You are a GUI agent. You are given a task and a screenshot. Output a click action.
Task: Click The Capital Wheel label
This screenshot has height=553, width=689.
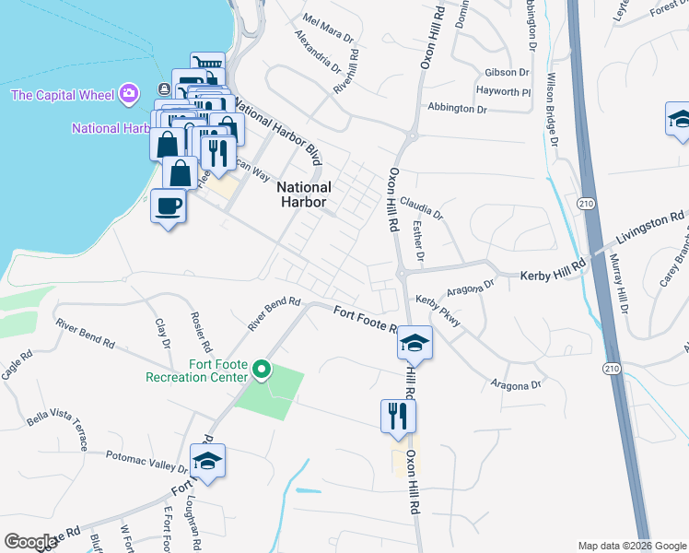pyautogui.click(x=62, y=95)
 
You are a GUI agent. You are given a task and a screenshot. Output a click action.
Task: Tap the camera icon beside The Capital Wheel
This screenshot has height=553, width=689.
pyautogui.click(x=129, y=94)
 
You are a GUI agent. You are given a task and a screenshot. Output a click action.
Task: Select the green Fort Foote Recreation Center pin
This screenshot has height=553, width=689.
pyautogui.click(x=262, y=371)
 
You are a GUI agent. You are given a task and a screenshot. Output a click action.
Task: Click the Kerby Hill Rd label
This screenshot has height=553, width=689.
pyautogui.click(x=553, y=274)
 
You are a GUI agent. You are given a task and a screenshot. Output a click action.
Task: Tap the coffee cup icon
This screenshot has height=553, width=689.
pyautogui.click(x=169, y=205)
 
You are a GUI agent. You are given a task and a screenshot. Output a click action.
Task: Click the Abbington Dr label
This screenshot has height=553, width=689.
pyautogui.click(x=456, y=109)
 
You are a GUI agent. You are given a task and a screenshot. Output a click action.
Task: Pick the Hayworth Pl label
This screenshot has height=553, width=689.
pyautogui.click(x=504, y=91)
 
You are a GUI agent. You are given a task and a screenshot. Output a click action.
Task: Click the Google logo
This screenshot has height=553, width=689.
pyautogui.click(x=30, y=542)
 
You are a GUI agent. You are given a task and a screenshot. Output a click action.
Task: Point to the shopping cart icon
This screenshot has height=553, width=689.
pyautogui.click(x=208, y=66)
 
